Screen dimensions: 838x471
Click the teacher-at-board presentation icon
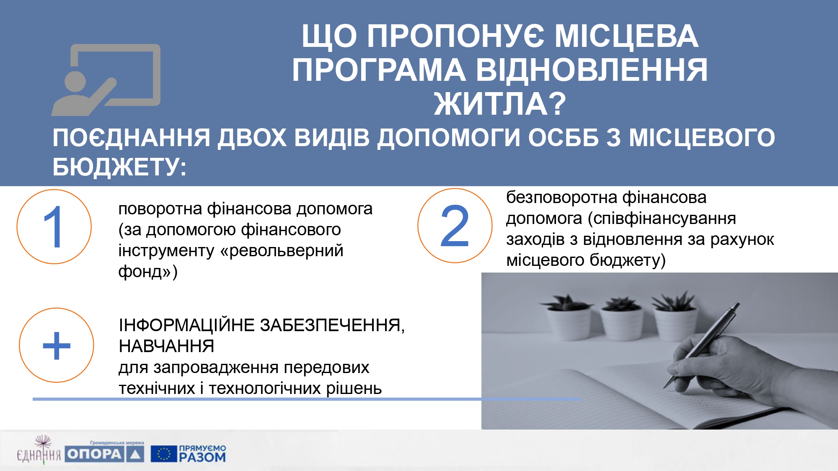pos(106,80)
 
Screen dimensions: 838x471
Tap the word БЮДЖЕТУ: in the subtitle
pos(119,167)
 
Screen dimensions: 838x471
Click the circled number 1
pos(54,226)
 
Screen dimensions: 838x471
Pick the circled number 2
pos(455,226)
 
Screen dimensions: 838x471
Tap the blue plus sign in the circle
pos(57,345)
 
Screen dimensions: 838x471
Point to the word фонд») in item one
pos(148,272)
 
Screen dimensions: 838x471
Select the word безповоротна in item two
pos(562,197)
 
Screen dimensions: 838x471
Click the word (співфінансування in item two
pos(662,219)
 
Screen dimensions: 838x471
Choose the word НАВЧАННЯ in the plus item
pos(166,346)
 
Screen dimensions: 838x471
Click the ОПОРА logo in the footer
pos(104,454)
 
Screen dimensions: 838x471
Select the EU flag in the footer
pos(163,454)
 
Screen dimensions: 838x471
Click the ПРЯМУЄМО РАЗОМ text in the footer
pos(203,454)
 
